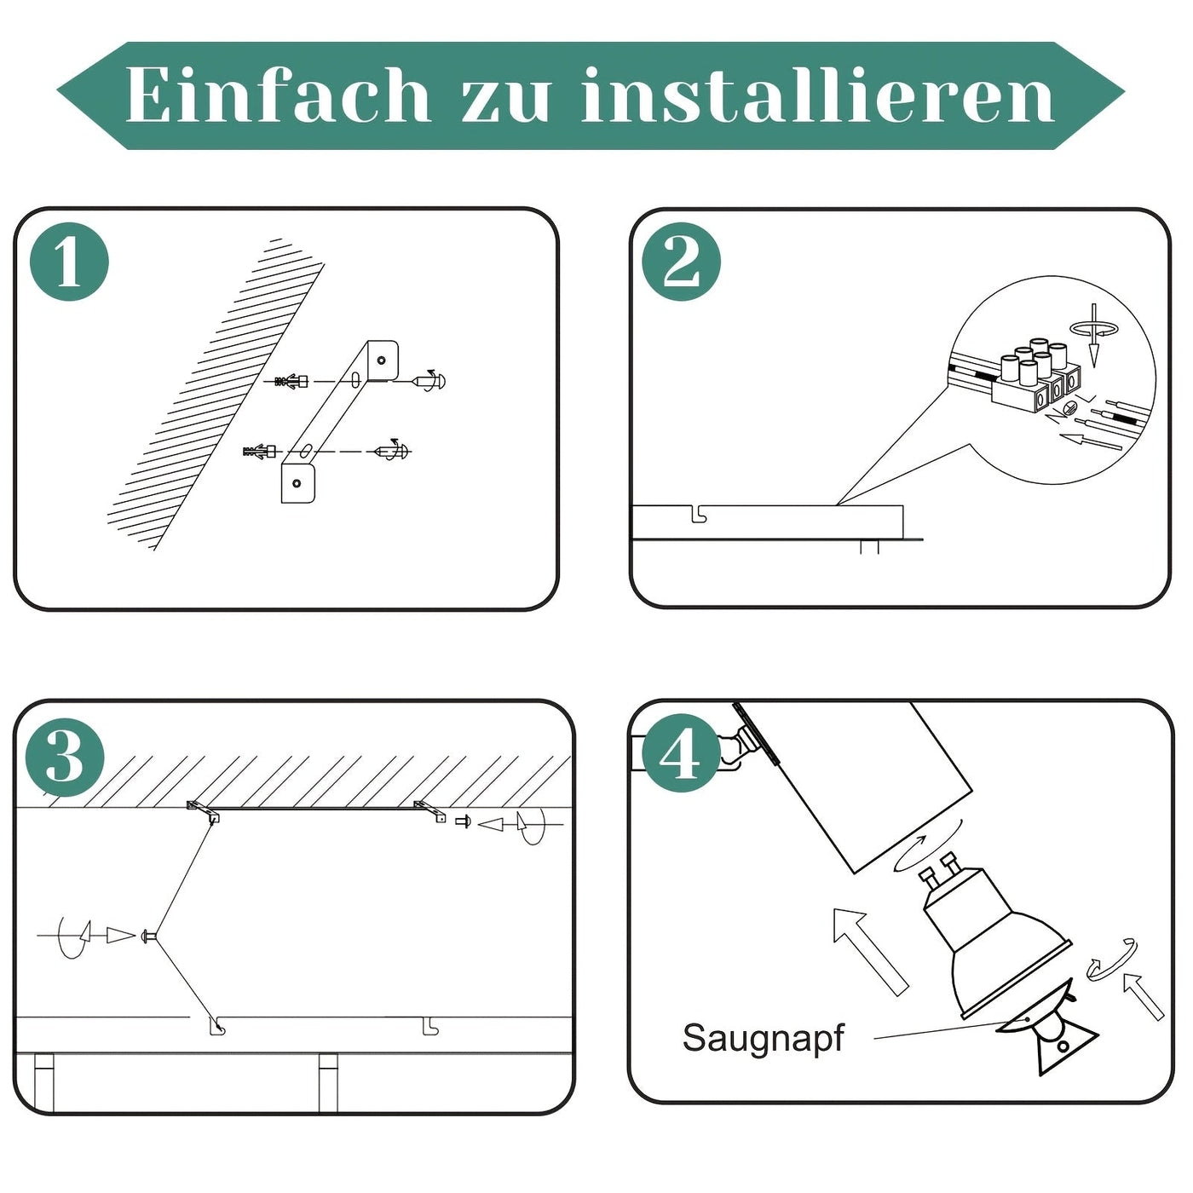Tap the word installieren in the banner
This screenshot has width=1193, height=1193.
point(818,95)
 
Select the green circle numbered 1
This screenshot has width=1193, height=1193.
point(69,262)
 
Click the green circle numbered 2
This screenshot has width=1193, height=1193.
point(681,262)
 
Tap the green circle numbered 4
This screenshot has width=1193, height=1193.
point(679,753)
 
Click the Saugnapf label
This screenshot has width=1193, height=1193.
point(763,1038)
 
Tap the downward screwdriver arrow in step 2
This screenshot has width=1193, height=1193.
point(1094,337)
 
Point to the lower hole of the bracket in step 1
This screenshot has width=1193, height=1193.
point(297,483)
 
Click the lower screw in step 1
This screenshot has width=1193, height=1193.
point(393,451)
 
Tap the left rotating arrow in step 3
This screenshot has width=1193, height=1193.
point(72,936)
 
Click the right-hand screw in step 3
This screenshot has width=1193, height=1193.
point(463,822)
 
